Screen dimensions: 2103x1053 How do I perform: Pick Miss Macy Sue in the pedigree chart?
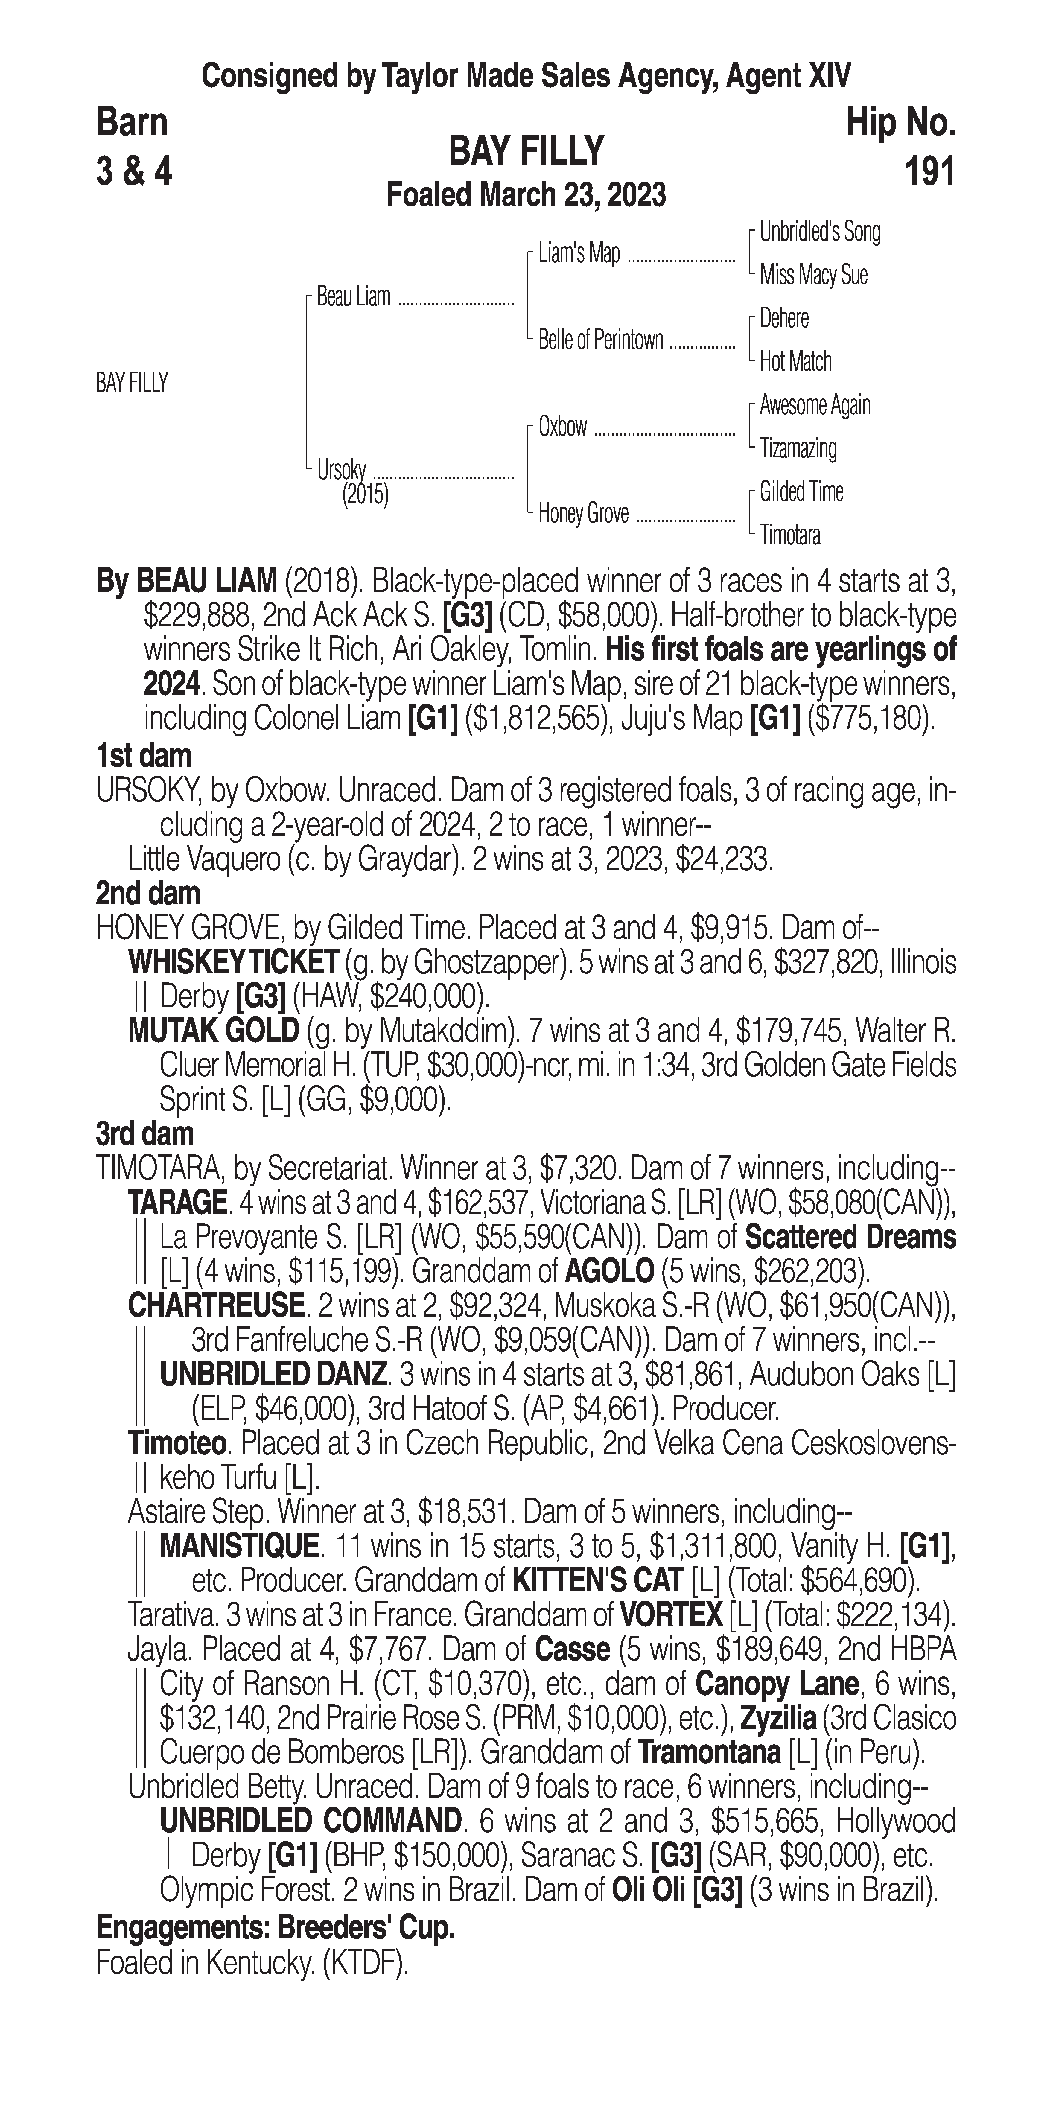coord(813,275)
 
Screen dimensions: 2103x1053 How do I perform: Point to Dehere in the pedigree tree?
coord(784,318)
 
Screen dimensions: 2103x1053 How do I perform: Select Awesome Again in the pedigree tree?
coord(815,405)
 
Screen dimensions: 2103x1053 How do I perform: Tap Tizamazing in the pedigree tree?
coord(798,448)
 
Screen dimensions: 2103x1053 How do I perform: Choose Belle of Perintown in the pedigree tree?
coord(601,340)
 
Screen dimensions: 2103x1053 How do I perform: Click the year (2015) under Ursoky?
coord(365,495)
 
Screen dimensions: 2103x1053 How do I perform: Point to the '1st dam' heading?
coord(144,756)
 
